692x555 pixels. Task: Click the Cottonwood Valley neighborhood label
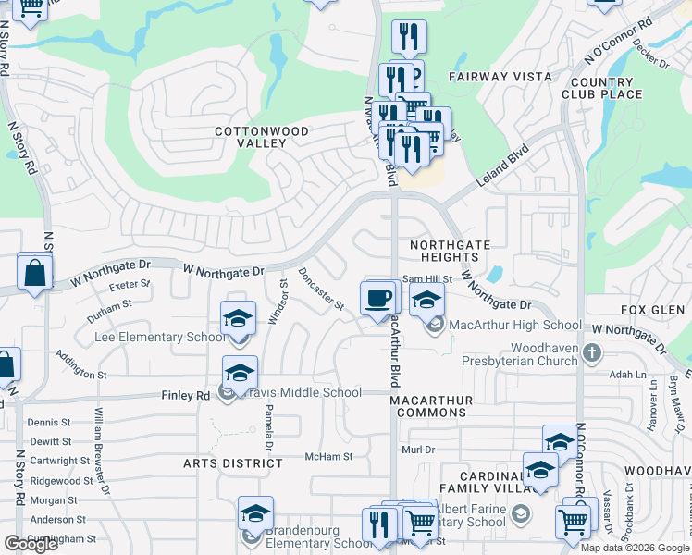pos(262,138)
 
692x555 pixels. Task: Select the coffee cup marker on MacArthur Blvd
pos(377,299)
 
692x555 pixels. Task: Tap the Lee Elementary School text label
pos(161,338)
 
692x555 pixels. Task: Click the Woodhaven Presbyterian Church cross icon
pos(592,352)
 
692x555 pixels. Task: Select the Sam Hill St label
pos(426,278)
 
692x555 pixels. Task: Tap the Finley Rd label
pos(186,395)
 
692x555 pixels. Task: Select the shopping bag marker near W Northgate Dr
pos(35,273)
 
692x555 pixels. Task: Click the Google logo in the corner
pos(31,544)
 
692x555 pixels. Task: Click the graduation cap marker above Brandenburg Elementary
pos(256,514)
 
